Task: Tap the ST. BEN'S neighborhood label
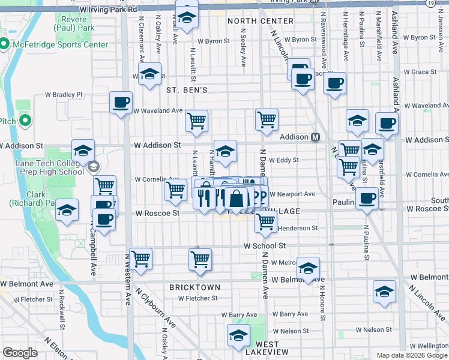pos(187,90)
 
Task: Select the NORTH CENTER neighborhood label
pos(260,21)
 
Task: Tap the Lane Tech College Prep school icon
pos(93,166)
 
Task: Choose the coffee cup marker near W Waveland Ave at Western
pos(121,102)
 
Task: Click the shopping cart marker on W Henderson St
pos(265,221)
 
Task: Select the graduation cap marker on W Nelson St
pos(239,336)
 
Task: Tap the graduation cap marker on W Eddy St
pos(226,152)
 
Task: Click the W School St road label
pos(265,246)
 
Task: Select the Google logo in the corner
pos(20,353)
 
